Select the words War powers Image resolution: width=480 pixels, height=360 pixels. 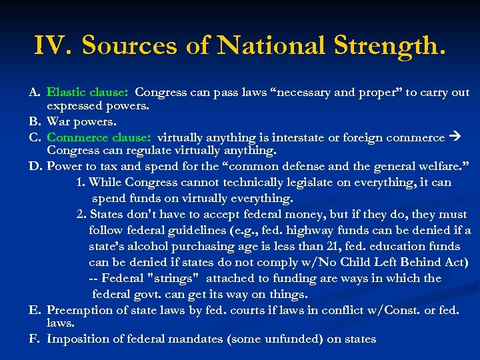pos(81,122)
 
